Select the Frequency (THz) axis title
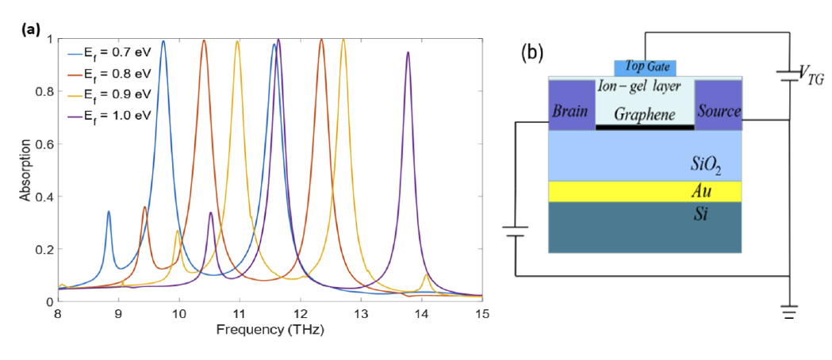pyautogui.click(x=271, y=330)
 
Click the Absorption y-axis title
pyautogui.click(x=25, y=170)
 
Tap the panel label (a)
pyautogui.click(x=29, y=32)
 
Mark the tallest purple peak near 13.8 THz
pyautogui.click(x=408, y=53)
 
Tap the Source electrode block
pyautogui.click(x=719, y=111)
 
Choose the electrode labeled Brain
pyautogui.click(x=571, y=111)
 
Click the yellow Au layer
pyautogui.click(x=644, y=191)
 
